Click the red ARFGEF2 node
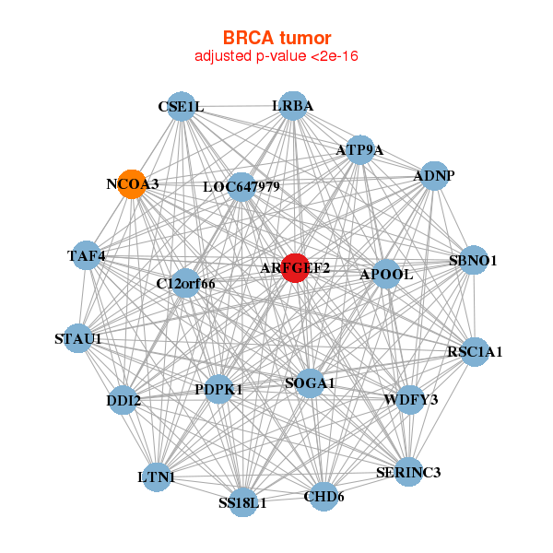[294, 268]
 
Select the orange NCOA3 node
[133, 183]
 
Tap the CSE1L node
[182, 106]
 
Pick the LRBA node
[292, 105]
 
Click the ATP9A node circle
[359, 150]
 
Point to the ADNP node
[434, 175]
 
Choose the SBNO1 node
[473, 260]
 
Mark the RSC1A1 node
[475, 351]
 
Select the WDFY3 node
[410, 399]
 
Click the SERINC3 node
[408, 472]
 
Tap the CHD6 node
[324, 497]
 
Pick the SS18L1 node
[242, 502]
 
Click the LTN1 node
[157, 476]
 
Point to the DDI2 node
[124, 401]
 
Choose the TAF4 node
[86, 255]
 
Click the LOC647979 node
[241, 187]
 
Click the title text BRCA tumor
[276, 38]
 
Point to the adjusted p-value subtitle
[276, 56]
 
